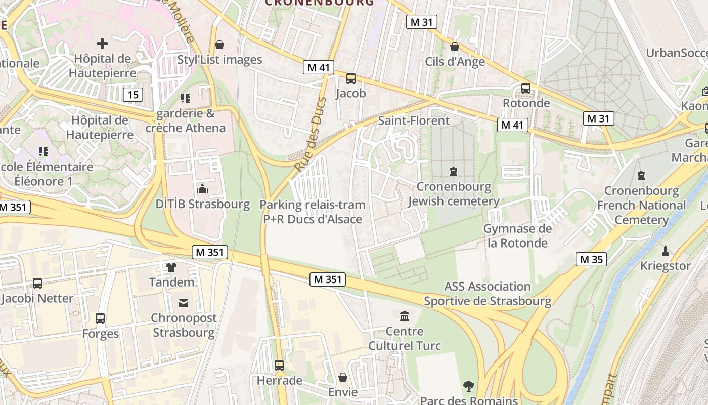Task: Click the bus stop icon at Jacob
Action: click(351, 78)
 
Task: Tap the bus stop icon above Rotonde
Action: click(526, 88)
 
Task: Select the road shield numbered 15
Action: click(132, 95)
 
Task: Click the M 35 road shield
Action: click(591, 260)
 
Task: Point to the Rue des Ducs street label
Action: click(310, 134)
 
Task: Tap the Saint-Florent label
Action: click(414, 120)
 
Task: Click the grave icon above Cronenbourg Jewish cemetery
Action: click(454, 172)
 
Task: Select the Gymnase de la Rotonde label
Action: click(517, 236)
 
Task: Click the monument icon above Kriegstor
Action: click(666, 251)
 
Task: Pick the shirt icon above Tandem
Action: click(171, 267)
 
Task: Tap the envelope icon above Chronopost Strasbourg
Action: click(184, 303)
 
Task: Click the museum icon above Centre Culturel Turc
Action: click(405, 316)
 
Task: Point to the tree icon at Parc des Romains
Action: click(469, 386)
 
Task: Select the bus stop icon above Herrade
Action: click(279, 365)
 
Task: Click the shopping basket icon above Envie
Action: click(343, 377)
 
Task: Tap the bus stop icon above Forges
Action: click(100, 318)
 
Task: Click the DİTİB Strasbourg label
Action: click(202, 205)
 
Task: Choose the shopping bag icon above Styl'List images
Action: click(219, 45)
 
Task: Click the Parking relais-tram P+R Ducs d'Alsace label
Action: click(313, 212)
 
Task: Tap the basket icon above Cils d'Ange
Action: click(455, 47)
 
